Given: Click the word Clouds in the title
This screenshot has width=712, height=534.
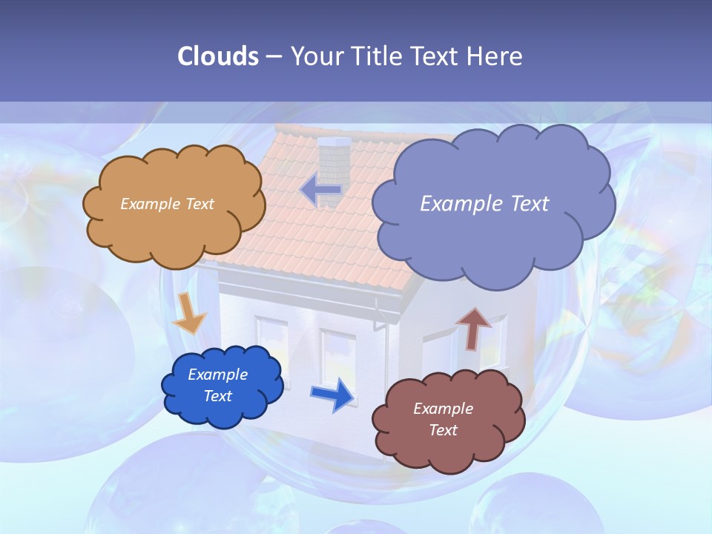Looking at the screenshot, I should pos(218,56).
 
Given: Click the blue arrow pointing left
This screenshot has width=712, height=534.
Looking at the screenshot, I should pos(321,190).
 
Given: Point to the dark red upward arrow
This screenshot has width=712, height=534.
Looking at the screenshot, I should pos(473,327).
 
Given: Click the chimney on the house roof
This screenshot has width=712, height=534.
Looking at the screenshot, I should pos(332,159).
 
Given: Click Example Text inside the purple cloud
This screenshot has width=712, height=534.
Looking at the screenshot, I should pos(484,203).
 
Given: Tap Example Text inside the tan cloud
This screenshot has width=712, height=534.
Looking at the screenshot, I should pos(167,203).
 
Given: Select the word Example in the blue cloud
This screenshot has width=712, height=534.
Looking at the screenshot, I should pos(217,375).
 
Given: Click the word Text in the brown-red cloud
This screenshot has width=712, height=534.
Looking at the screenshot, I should pos(443,430).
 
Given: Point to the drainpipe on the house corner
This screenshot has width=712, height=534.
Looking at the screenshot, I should pos(384,349).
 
